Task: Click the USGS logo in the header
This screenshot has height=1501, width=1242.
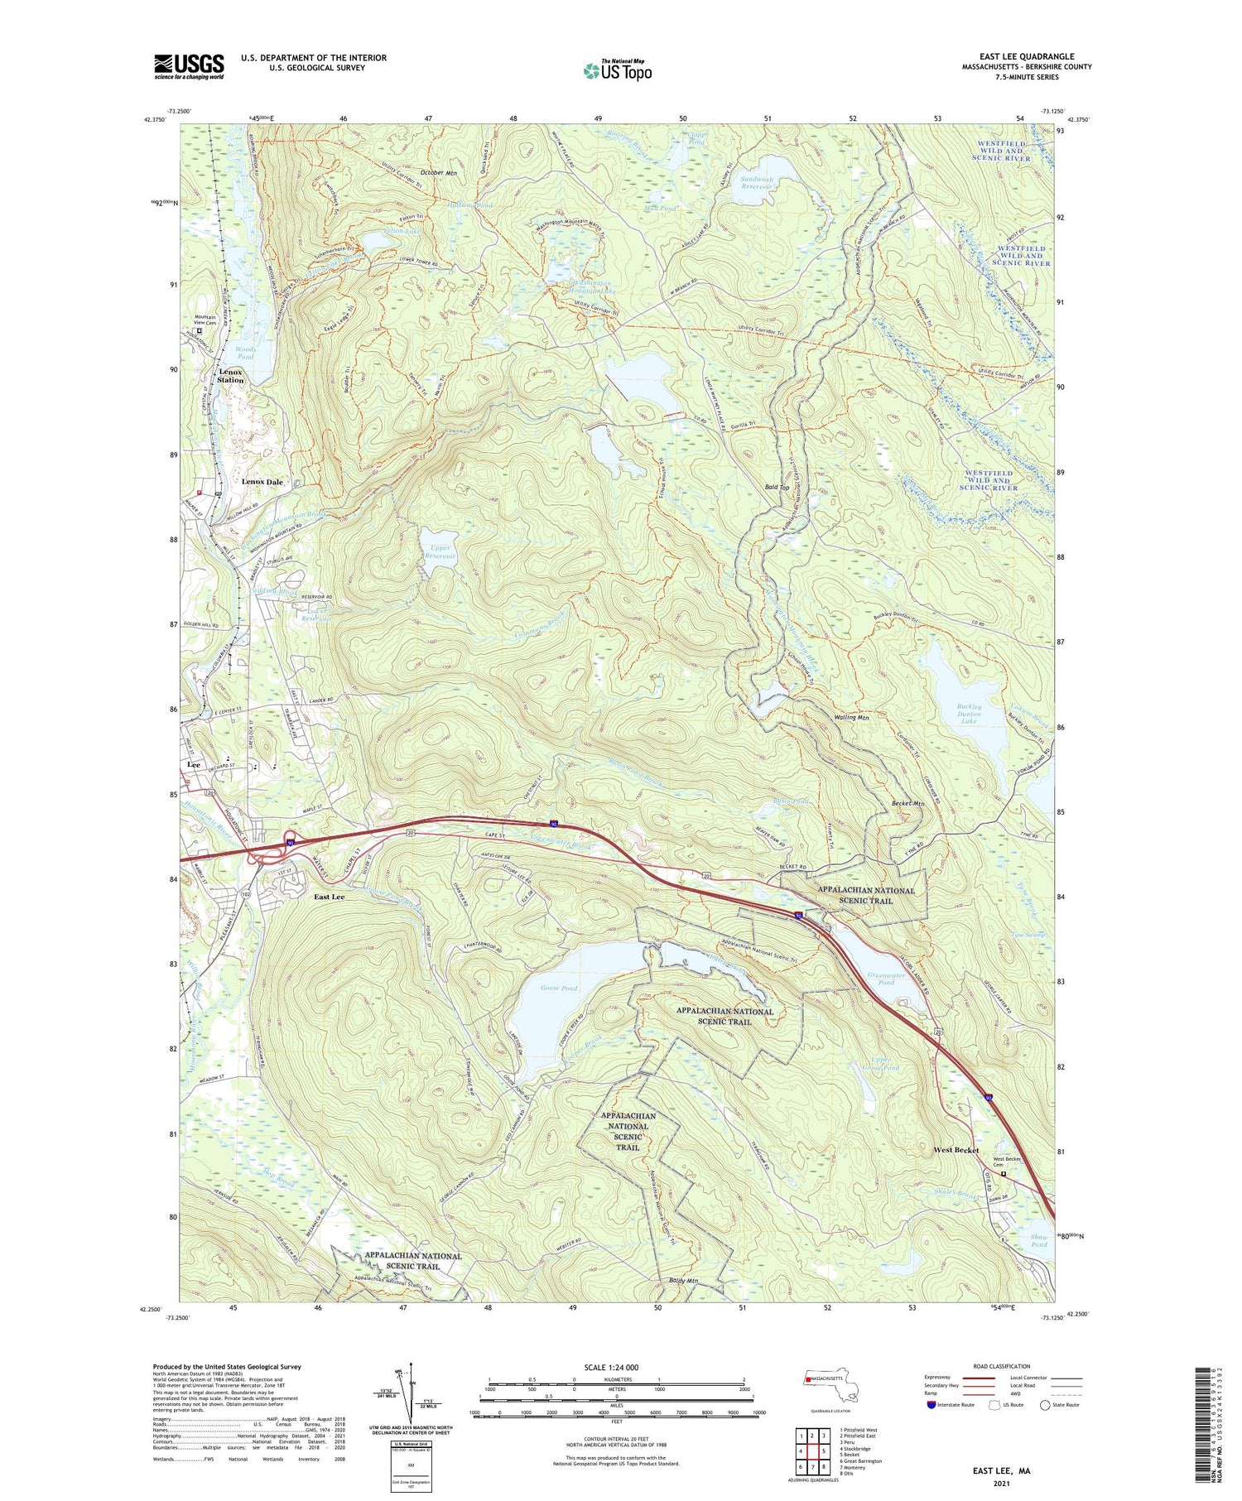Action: pyautogui.click(x=189, y=66)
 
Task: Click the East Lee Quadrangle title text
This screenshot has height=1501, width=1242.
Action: pyautogui.click(x=1026, y=57)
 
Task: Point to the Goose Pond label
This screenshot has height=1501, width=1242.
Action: pyautogui.click(x=558, y=989)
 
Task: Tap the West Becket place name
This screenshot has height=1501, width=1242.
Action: pyautogui.click(x=956, y=1150)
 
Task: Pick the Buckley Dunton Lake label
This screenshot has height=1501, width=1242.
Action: pyautogui.click(x=969, y=714)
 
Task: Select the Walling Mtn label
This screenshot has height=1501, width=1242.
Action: pyautogui.click(x=851, y=717)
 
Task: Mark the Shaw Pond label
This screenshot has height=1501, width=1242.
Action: pyautogui.click(x=1038, y=1240)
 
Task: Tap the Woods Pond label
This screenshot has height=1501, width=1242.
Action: pyautogui.click(x=245, y=353)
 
